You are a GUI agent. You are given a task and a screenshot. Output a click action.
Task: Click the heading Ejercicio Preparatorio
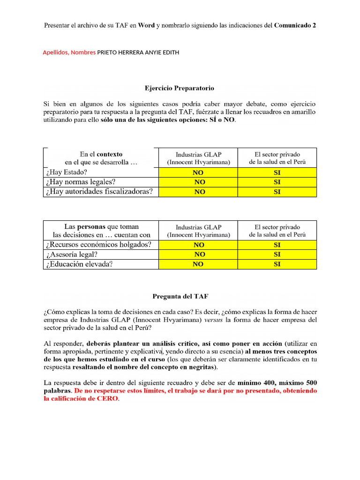click(180, 88)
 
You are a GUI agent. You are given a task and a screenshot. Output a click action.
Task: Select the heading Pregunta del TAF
click(180, 296)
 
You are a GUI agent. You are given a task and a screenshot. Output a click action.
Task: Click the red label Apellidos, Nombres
click(69, 52)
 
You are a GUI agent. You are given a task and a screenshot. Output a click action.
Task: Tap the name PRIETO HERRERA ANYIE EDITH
click(138, 52)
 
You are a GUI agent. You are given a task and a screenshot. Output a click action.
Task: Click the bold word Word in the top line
click(146, 25)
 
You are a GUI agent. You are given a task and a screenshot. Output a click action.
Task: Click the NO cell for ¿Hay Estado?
click(199, 172)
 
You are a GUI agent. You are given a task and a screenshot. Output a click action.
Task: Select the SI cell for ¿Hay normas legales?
click(277, 182)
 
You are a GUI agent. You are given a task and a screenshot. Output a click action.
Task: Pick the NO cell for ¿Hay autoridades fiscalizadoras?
click(199, 192)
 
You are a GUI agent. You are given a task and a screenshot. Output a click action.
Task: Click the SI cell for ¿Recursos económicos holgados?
click(277, 245)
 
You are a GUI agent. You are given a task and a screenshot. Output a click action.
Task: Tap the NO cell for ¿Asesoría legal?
click(199, 255)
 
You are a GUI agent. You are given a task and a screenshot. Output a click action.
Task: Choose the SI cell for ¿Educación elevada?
click(277, 264)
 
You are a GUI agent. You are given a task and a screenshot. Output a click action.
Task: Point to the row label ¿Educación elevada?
click(79, 264)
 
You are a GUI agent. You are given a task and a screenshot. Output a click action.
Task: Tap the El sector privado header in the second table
click(277, 227)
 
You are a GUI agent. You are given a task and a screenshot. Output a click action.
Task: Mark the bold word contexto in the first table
click(110, 154)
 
